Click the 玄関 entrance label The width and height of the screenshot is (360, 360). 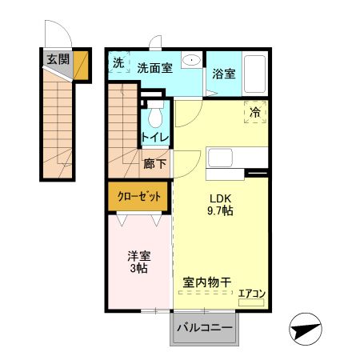(57, 58)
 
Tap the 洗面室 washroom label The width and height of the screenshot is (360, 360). (154, 68)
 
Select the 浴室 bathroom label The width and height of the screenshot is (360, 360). (224, 74)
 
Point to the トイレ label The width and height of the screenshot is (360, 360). (154, 137)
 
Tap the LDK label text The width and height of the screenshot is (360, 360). (220, 198)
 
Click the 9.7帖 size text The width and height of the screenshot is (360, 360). (220, 212)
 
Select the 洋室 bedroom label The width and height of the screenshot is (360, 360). (139, 256)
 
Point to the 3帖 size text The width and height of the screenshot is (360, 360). (139, 270)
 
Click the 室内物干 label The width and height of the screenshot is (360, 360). (207, 282)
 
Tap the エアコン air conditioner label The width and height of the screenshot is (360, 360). (252, 294)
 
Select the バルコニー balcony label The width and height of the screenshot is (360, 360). (204, 329)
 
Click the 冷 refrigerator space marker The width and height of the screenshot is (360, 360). (255, 113)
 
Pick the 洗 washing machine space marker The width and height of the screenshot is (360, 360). (118, 62)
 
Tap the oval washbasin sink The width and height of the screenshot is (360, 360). (191, 62)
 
